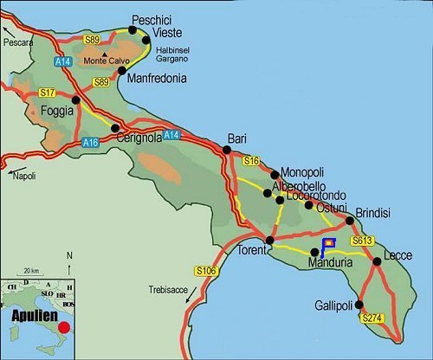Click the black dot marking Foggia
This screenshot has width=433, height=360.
(x=76, y=100)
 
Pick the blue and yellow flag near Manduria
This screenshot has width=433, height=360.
(x=328, y=245)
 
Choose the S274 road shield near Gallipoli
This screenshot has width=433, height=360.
(x=372, y=318)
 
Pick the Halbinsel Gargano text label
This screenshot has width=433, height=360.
(x=178, y=55)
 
